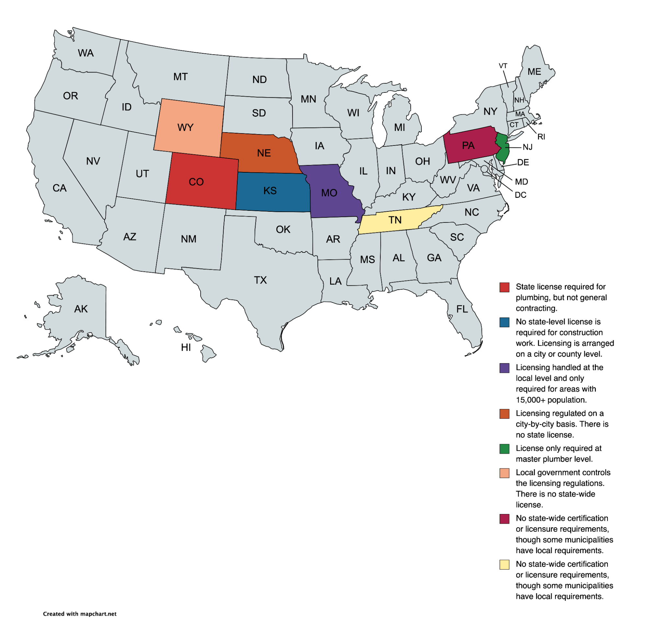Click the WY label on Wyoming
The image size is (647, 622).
(x=185, y=128)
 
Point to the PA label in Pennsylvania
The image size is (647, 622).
(x=468, y=145)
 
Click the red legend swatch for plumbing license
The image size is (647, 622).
(x=504, y=287)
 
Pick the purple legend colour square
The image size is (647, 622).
(x=504, y=368)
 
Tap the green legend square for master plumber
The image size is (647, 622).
(x=504, y=449)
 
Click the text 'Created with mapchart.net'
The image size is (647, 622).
(x=80, y=614)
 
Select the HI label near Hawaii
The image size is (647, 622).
(x=186, y=347)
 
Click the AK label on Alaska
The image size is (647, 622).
(x=81, y=309)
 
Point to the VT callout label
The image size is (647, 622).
(x=503, y=66)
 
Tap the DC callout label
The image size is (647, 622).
(x=520, y=195)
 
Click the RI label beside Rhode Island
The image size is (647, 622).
(x=541, y=137)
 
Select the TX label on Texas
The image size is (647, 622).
(x=260, y=280)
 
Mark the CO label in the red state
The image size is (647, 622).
(x=196, y=182)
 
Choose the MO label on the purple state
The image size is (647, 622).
(x=329, y=193)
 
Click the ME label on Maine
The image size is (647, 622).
(x=534, y=72)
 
